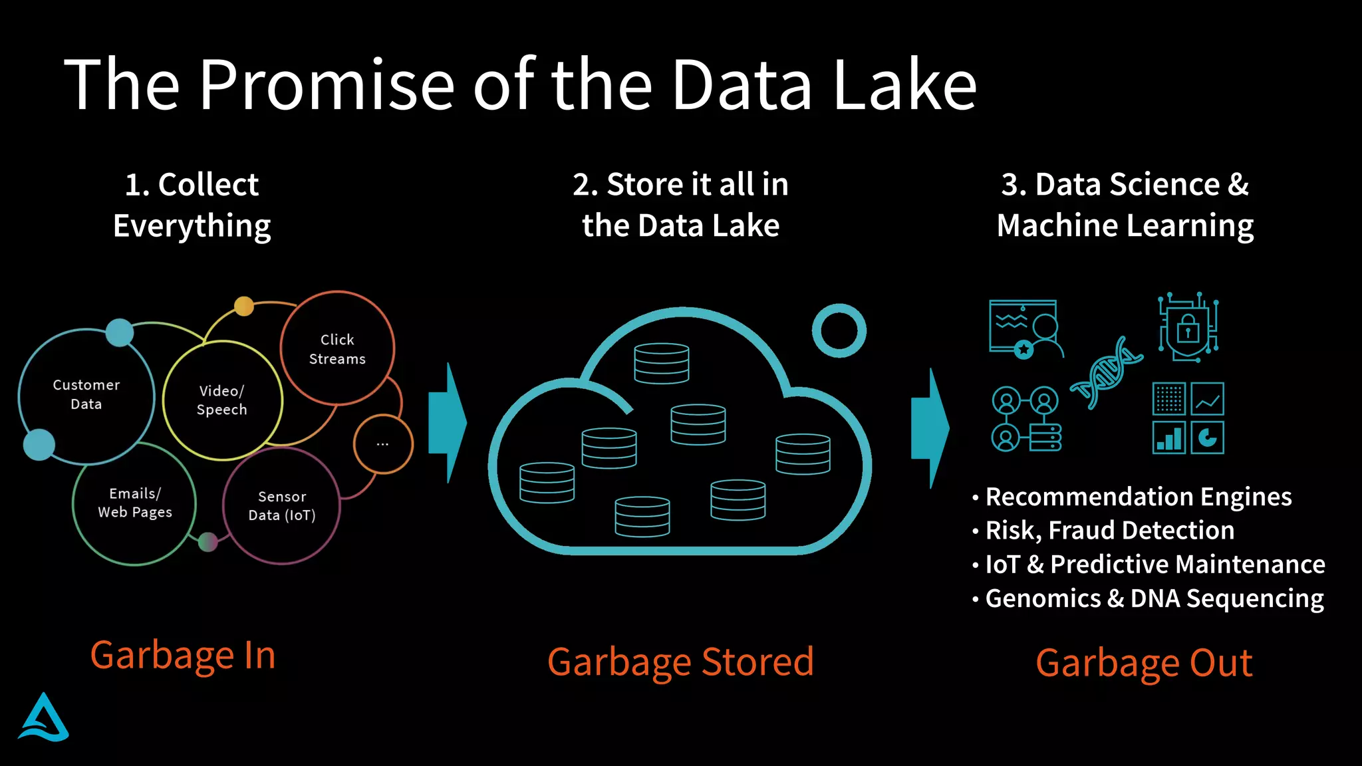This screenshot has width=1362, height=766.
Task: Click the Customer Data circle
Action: [86, 395]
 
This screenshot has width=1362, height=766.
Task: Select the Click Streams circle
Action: [337, 349]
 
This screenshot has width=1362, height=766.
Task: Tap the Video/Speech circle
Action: [222, 400]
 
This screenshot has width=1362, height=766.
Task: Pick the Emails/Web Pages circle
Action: [135, 503]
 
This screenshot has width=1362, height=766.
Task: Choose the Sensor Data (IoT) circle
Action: [282, 506]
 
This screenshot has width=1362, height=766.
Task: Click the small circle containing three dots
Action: [383, 444]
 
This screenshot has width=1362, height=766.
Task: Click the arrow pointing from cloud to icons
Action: [930, 428]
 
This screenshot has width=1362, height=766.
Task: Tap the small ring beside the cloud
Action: [839, 330]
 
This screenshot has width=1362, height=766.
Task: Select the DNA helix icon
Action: [1105, 372]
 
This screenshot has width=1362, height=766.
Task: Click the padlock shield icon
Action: [1188, 327]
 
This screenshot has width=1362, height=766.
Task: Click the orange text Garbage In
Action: [183, 656]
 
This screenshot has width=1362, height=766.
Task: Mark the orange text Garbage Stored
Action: [680, 662]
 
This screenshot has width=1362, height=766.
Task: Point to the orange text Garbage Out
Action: [1144, 664]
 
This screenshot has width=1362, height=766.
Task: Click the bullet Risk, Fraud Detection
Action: [1109, 531]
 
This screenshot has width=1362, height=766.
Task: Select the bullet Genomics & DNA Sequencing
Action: [1154, 598]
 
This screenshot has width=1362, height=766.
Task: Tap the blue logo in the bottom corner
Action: [44, 718]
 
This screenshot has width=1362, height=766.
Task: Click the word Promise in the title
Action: [327, 85]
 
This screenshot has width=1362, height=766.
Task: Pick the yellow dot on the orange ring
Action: [244, 306]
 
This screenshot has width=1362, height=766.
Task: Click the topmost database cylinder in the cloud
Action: [661, 363]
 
